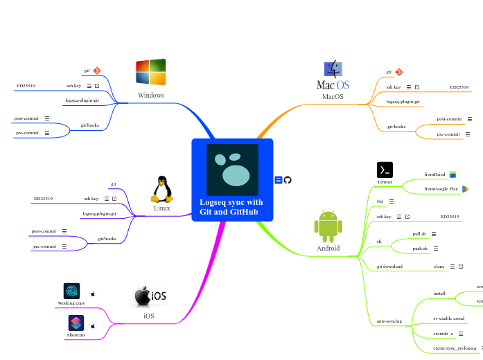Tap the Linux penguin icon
pyautogui.click(x=161, y=189)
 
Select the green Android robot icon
pyautogui.click(x=328, y=226)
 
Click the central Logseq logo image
pyautogui.click(x=232, y=170)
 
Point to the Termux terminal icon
pyautogui.click(x=385, y=170)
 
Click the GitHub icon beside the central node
pyautogui.click(x=288, y=180)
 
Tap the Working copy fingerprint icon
pyautogui.click(x=71, y=291)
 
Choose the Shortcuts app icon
pyautogui.click(x=76, y=323)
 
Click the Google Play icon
pyautogui.click(x=466, y=188)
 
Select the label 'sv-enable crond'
pyautogui.click(x=448, y=318)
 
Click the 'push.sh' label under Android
pyautogui.click(x=420, y=248)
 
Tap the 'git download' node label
pyautogui.click(x=390, y=266)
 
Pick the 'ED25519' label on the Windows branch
pyautogui.click(x=26, y=86)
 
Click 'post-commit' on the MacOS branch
pyautogui.click(x=449, y=119)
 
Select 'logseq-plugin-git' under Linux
pyautogui.click(x=99, y=214)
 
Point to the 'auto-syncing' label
pyautogui.click(x=389, y=321)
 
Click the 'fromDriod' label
pyautogui.click(x=434, y=174)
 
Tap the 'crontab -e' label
pyautogui.click(x=443, y=334)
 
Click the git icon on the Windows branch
pyautogui.click(x=97, y=71)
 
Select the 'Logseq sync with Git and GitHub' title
pyautogui.click(x=231, y=206)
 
